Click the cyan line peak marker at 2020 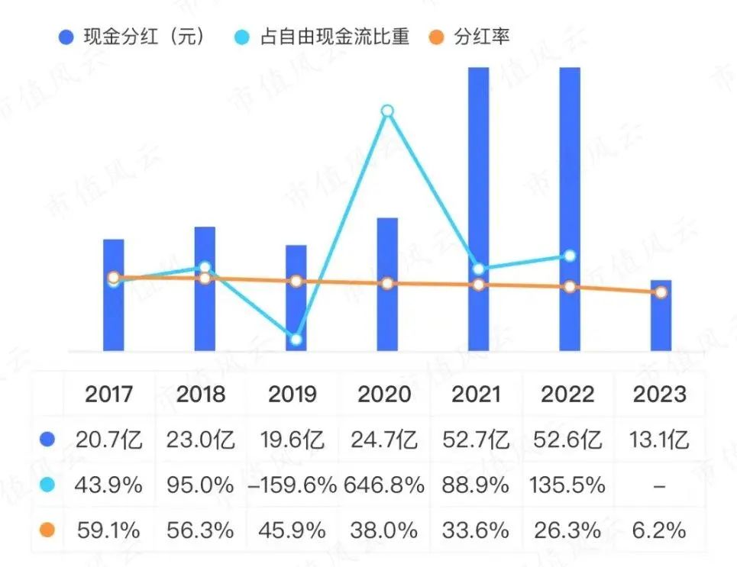click(x=387, y=111)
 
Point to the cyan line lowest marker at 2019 click(x=296, y=339)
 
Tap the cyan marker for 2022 click(x=570, y=256)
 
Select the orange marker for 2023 click(x=661, y=292)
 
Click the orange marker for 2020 click(x=387, y=284)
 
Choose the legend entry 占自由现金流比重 click(x=324, y=37)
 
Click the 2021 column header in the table click(x=478, y=394)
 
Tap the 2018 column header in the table click(x=201, y=394)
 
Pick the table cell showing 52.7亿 click(x=478, y=440)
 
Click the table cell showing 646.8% click(x=387, y=485)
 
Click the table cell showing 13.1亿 click(x=661, y=440)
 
